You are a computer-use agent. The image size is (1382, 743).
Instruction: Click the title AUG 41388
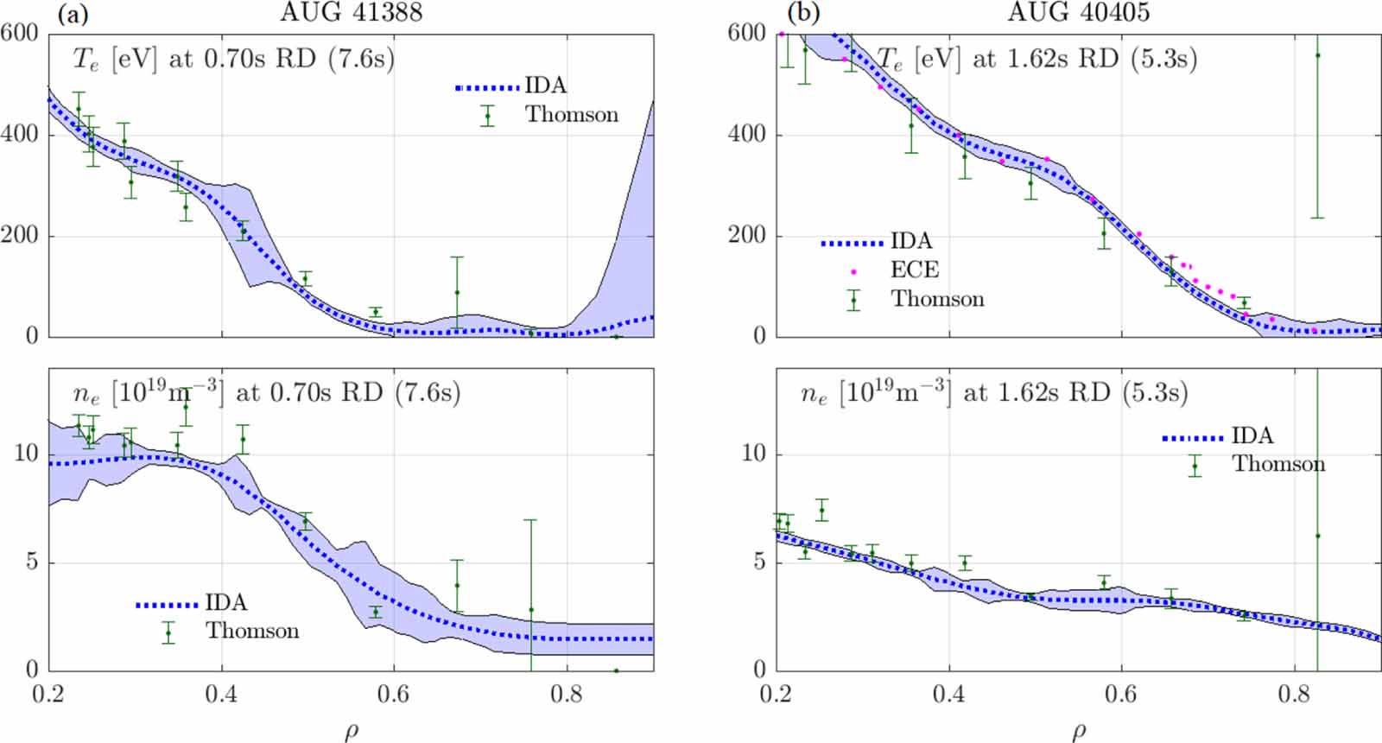351,12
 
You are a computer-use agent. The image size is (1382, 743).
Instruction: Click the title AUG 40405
1079,12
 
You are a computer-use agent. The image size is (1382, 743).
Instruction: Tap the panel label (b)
802,13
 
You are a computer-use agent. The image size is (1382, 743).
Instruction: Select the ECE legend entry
914,270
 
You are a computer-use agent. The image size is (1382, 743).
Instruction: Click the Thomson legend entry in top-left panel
571,115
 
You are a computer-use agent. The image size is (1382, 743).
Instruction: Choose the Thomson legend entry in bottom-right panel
1277,465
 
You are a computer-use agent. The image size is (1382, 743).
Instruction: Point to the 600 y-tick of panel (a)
19,34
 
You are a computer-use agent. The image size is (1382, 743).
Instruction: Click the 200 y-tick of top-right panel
747,235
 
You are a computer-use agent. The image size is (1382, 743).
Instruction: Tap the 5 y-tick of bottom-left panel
32,562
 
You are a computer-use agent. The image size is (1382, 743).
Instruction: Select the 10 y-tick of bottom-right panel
754,454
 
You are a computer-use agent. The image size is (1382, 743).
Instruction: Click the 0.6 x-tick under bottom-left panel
394,695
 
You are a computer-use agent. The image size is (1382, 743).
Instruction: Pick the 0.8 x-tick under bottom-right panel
1294,695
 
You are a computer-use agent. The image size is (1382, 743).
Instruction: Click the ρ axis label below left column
351,732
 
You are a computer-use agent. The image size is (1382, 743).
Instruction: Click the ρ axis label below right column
1079,732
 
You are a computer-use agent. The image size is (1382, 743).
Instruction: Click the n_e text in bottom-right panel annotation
814,395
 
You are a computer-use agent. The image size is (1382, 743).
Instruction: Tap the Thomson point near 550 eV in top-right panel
1317,55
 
